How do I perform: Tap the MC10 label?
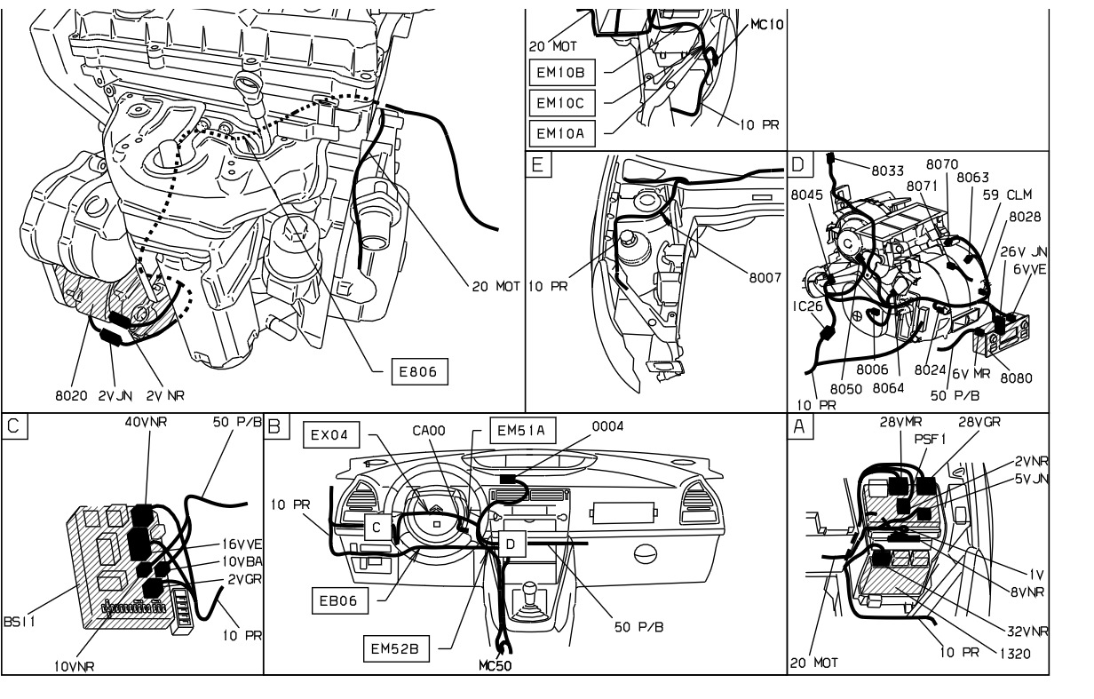(766, 24)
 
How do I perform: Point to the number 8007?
(763, 278)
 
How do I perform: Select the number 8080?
(1016, 377)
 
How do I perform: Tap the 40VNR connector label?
(147, 423)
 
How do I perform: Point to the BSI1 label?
(19, 624)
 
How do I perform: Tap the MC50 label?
(494, 665)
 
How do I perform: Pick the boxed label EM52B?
(395, 649)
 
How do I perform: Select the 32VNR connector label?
(1027, 632)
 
